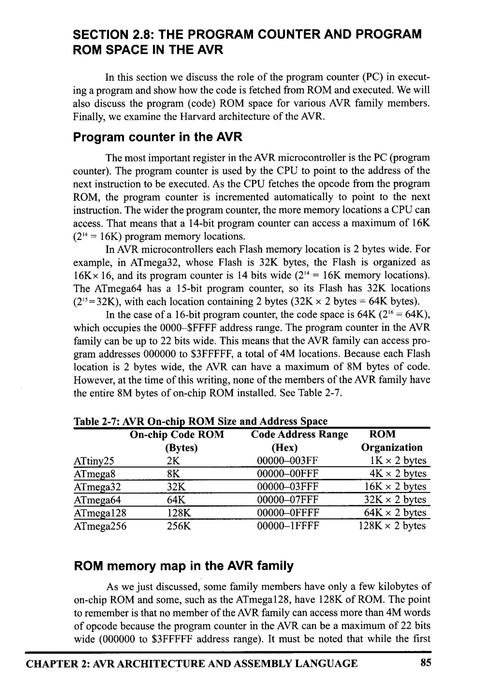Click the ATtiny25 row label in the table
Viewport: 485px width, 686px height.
(x=94, y=461)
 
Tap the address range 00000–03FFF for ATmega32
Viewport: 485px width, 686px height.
(x=287, y=487)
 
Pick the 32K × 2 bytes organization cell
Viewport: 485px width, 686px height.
(x=395, y=500)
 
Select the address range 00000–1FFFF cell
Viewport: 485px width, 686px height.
(x=288, y=526)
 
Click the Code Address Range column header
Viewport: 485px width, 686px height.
(x=299, y=435)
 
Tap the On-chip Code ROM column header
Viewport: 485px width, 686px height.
(x=177, y=435)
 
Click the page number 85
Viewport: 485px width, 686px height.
(x=426, y=663)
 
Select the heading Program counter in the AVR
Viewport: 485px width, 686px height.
(x=157, y=137)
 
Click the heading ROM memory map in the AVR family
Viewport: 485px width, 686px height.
(x=184, y=566)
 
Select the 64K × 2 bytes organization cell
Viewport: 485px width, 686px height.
(x=395, y=513)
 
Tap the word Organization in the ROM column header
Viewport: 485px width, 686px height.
(x=391, y=448)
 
